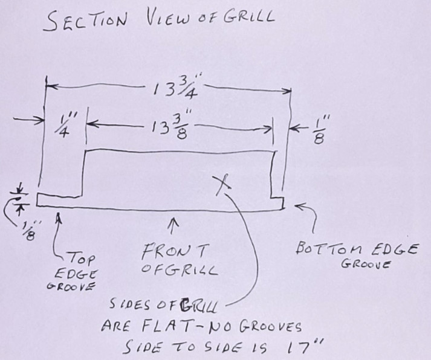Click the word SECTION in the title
coord(85,21)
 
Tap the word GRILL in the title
coord(248,17)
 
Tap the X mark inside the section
coord(222,185)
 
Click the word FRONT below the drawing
coord(174,251)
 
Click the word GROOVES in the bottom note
coord(270,327)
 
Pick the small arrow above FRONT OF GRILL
coord(173,226)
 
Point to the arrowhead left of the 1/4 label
coord(40,120)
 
